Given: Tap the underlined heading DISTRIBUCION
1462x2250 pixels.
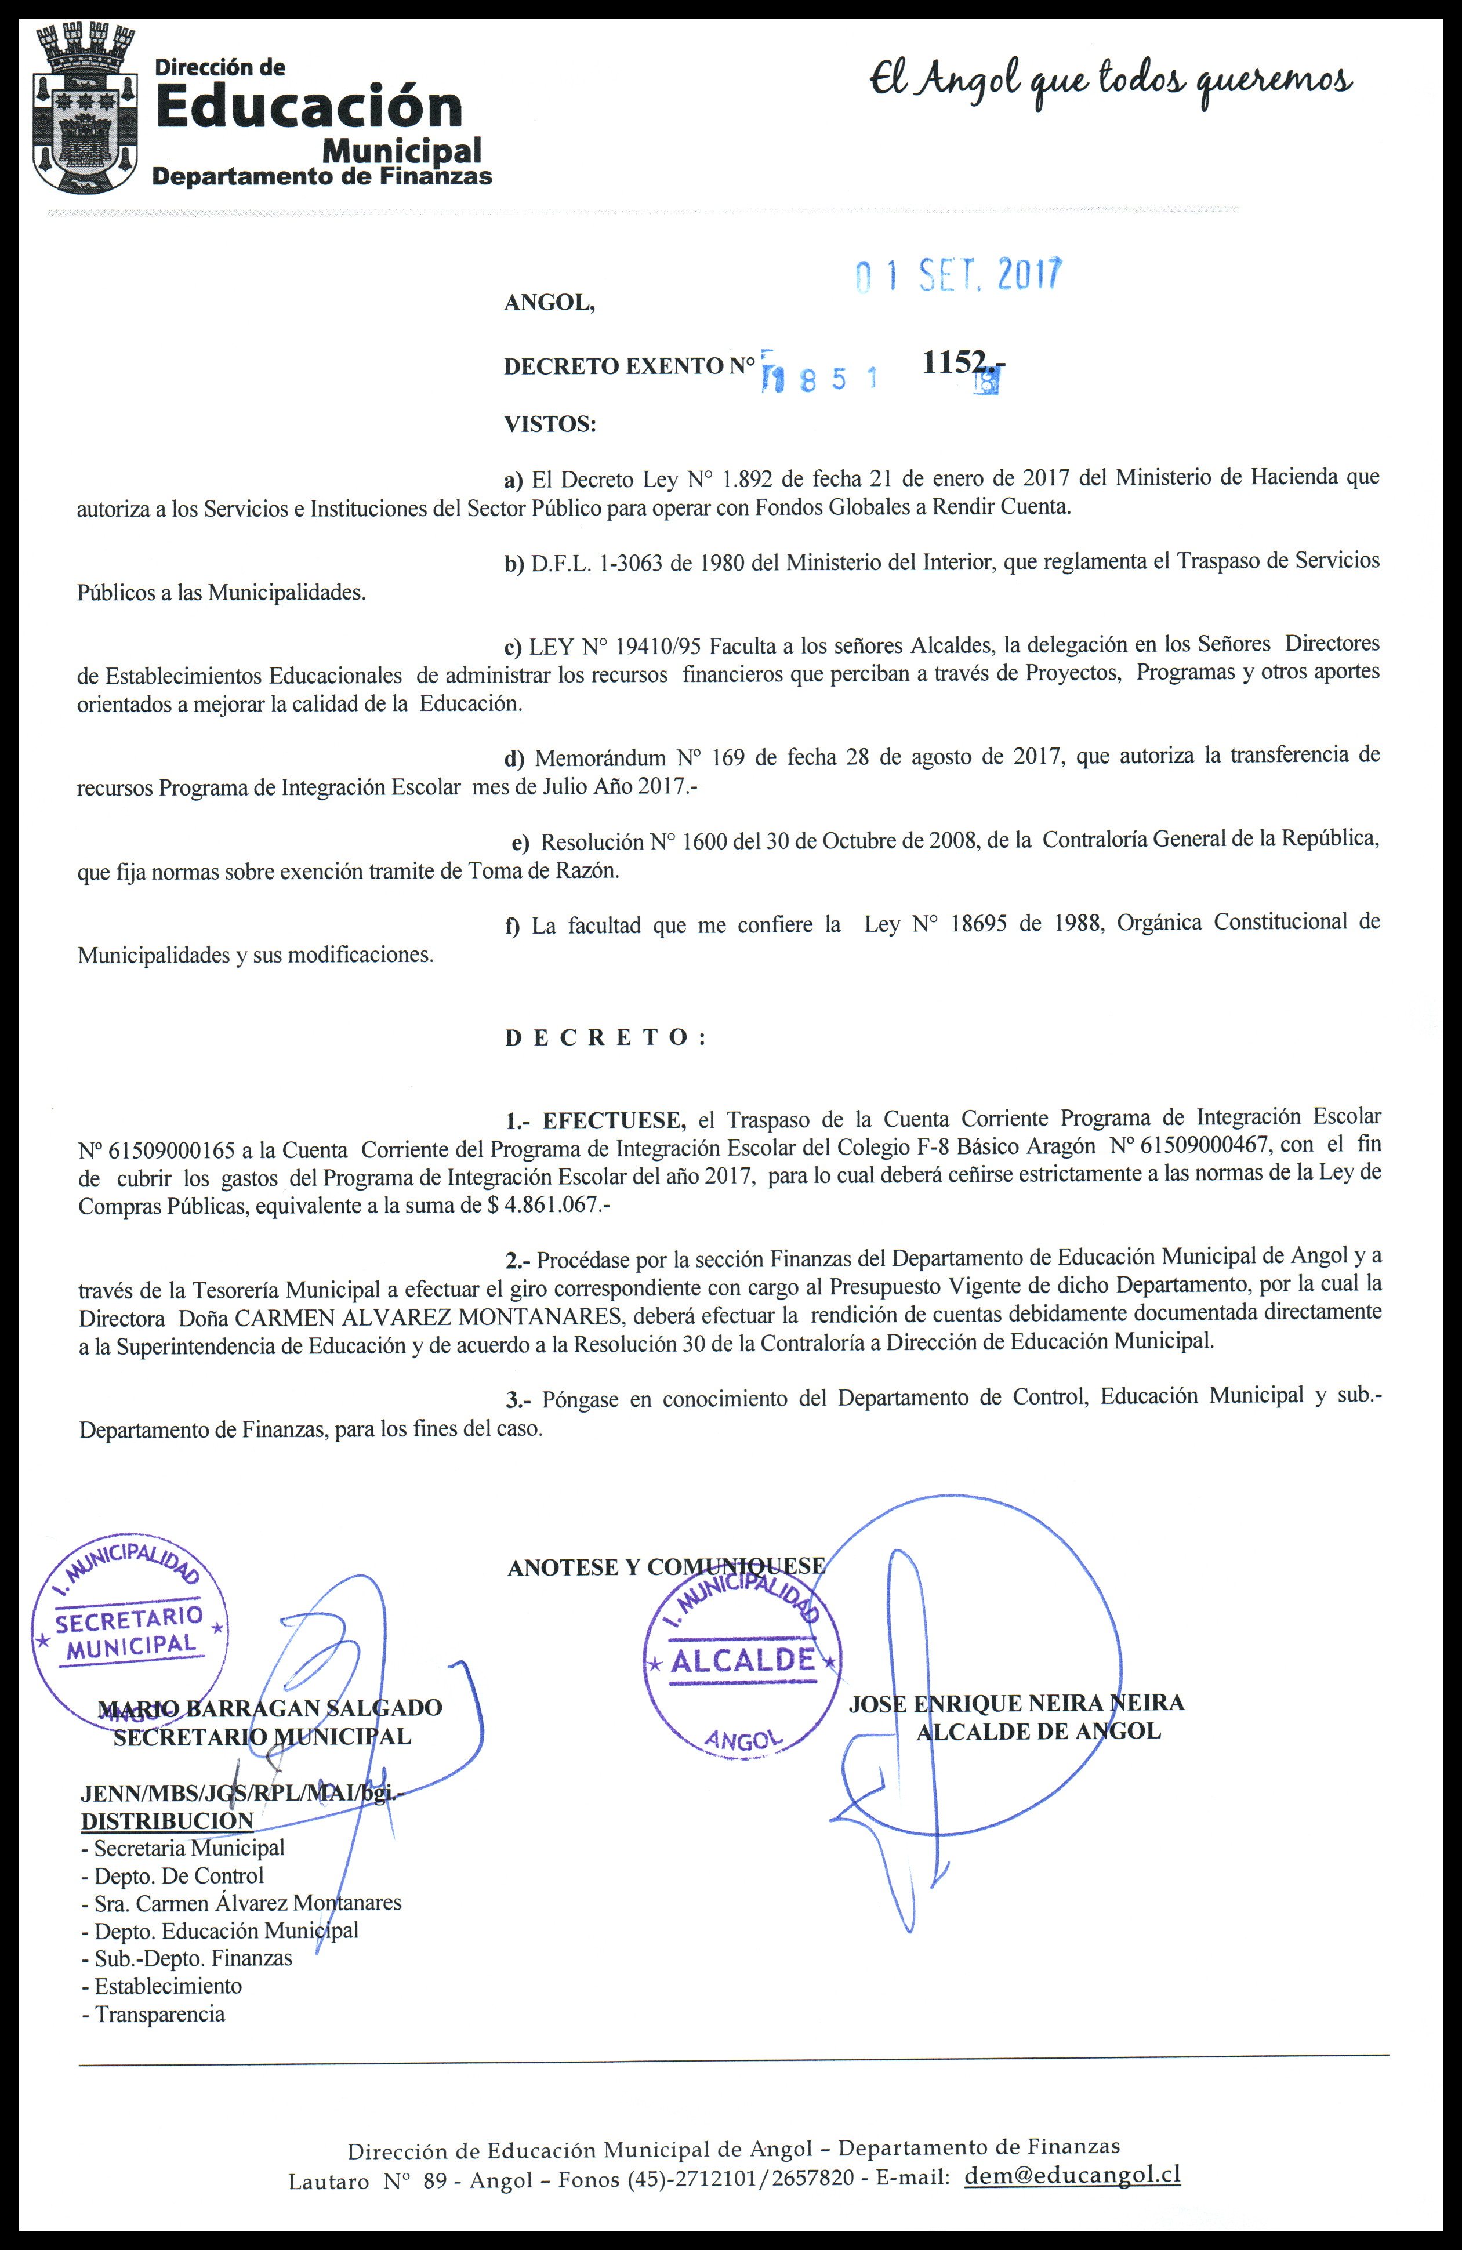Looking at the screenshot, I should coord(166,1821).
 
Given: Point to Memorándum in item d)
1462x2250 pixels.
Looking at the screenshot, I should coord(600,758).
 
